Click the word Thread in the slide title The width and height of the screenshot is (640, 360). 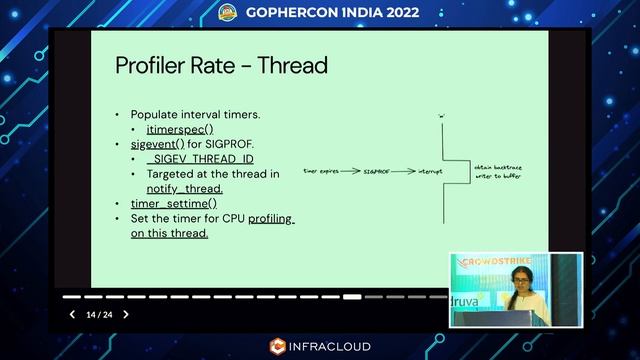point(293,66)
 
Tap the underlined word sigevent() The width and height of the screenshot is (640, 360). point(152,144)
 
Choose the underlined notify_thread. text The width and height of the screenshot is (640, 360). point(184,188)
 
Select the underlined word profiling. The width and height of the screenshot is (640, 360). point(271,218)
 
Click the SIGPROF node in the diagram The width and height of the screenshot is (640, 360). point(376,172)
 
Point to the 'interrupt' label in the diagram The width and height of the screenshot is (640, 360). point(430,172)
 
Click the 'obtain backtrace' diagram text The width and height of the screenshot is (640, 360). point(497,167)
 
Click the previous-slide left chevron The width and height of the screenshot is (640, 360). point(72,315)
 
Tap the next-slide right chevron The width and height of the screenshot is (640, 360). point(126,315)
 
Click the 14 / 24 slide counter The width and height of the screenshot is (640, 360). point(99,315)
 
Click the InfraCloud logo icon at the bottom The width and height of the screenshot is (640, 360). point(278,347)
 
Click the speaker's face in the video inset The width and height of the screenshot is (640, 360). point(519,277)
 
